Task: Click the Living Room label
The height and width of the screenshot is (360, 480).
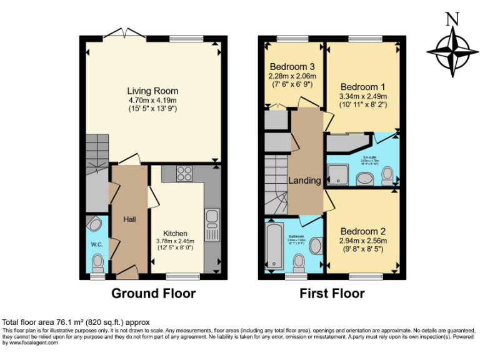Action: pos(153,91)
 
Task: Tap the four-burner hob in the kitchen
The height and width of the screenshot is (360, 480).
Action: pos(184,172)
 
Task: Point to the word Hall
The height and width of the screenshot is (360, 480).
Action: pos(129,219)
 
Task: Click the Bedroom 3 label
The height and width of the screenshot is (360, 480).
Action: pos(292,67)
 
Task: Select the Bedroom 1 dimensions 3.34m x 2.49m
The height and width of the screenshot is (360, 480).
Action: pos(363,97)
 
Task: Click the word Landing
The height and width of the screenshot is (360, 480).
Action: pos(304,181)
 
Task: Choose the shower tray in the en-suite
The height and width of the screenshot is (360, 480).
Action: pos(339,174)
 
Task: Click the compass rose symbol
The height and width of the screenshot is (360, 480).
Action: pos(449,49)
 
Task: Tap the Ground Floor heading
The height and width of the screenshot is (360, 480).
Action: pos(153,293)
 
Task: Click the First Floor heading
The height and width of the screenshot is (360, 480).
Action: pos(332,293)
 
